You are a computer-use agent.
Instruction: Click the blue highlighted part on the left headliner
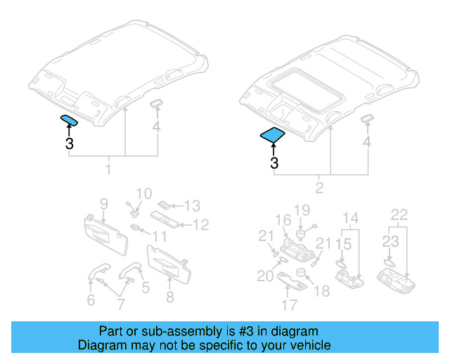(x=69, y=120)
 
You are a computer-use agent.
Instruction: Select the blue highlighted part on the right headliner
(x=272, y=134)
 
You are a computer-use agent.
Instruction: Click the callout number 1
(x=108, y=170)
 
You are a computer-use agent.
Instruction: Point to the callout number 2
(x=319, y=188)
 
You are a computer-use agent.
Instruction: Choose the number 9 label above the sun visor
(x=103, y=204)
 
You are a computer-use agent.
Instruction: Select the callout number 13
(x=192, y=206)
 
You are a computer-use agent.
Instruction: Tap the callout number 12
(x=201, y=225)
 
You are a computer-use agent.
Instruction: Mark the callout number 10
(x=143, y=193)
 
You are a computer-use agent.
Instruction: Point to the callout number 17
(x=289, y=306)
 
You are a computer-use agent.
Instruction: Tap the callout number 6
(x=91, y=300)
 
